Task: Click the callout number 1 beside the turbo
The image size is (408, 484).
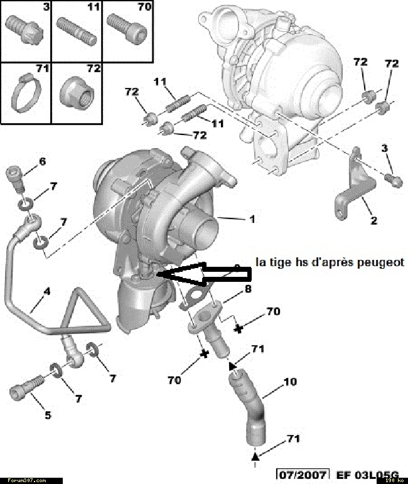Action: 252,220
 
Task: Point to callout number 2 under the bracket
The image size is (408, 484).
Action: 373,220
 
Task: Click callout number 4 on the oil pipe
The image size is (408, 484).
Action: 46,291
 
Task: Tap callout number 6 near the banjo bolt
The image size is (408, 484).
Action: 42,162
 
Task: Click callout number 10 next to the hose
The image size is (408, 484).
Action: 291,382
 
